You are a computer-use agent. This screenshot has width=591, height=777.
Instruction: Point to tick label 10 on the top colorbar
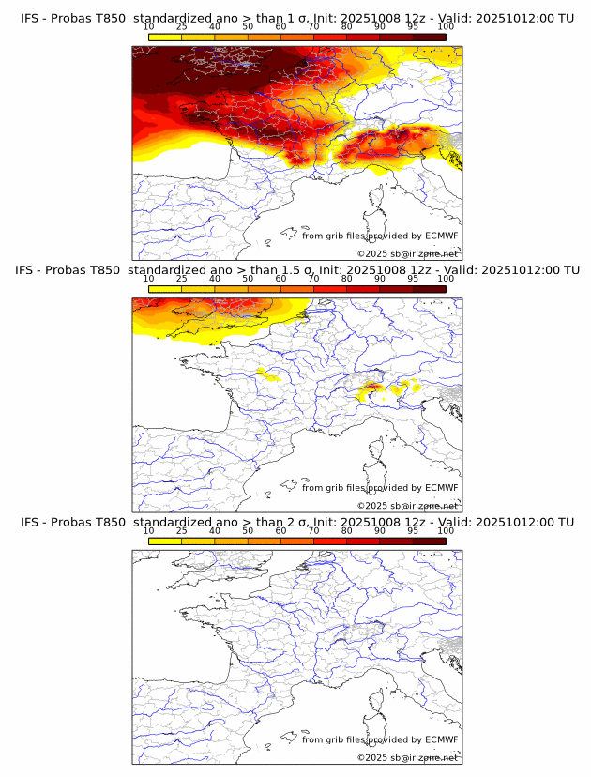click(x=149, y=26)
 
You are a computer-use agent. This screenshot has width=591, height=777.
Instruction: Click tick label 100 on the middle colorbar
click(x=446, y=279)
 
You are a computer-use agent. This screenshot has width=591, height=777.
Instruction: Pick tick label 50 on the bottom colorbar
click(x=248, y=531)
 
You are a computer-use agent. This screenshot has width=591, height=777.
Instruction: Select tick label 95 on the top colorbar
click(x=413, y=26)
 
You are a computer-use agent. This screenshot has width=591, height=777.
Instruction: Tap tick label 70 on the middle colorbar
click(x=313, y=279)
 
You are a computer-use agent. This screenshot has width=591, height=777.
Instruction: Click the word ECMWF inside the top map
click(x=441, y=236)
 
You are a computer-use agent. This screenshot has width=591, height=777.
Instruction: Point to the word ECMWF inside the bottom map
click(x=441, y=740)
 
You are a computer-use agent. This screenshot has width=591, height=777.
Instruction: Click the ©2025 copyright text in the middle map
click(x=407, y=505)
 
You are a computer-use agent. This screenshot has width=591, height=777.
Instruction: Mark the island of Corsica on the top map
click(x=379, y=199)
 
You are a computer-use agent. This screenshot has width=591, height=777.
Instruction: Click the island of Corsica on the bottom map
click(x=379, y=704)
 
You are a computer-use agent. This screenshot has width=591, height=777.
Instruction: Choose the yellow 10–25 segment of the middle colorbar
click(x=165, y=288)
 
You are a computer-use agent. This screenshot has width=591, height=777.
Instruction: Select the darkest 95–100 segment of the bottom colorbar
click(x=429, y=541)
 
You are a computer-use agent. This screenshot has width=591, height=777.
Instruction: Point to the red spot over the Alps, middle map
click(x=372, y=386)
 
